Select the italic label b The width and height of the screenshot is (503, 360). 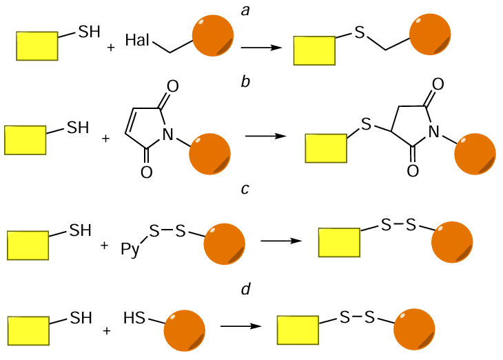245,83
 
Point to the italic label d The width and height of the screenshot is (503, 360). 245,288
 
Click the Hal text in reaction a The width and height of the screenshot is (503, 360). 138,40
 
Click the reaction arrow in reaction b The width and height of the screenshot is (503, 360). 265,136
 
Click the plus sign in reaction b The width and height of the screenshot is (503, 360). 105,139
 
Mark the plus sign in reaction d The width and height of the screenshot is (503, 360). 107,330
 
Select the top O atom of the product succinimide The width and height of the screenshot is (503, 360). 437,86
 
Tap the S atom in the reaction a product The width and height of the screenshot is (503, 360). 360,34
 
